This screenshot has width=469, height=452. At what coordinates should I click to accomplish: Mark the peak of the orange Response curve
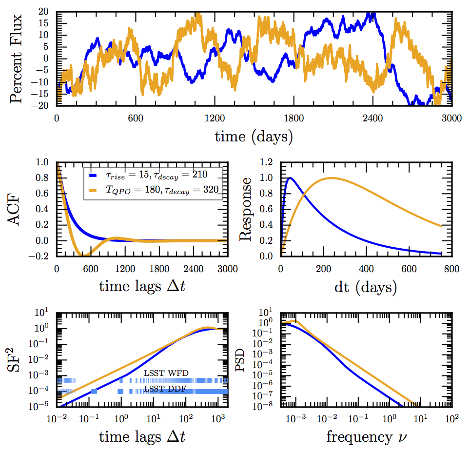coord(332,178)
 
